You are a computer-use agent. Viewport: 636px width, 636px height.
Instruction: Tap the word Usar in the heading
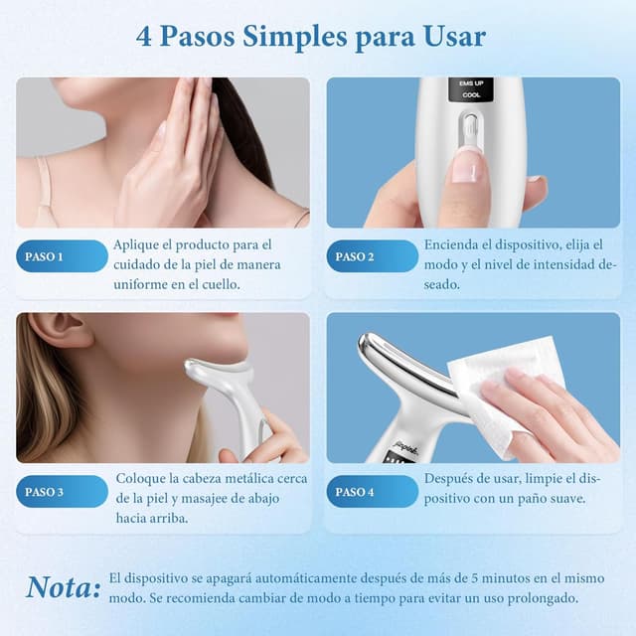[452, 37]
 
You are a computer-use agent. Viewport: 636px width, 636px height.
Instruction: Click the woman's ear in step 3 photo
[61, 331]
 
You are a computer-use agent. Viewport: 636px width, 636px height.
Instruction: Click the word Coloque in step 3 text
[144, 478]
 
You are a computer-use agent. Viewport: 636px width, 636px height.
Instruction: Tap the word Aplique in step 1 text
[141, 243]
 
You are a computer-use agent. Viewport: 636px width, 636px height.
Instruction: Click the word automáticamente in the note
[295, 578]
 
